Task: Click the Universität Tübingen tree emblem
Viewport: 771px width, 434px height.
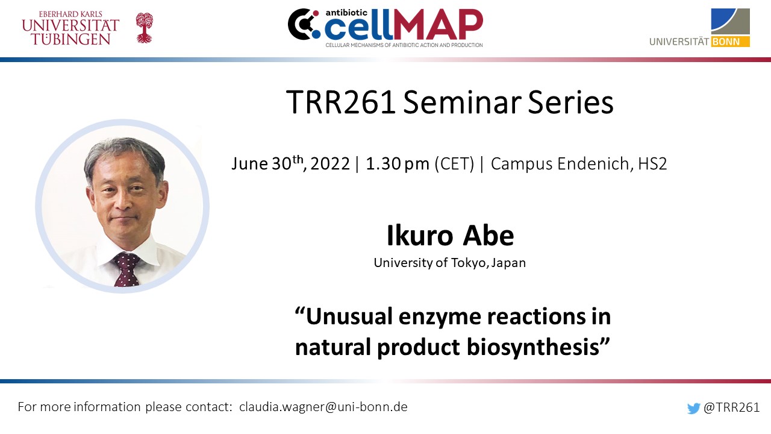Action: [144, 28]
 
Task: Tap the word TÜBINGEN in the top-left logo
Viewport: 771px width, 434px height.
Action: [71, 39]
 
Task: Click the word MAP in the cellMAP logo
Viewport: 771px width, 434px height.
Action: [438, 25]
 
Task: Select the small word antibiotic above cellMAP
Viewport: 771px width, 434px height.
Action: [342, 13]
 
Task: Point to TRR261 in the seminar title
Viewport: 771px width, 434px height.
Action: [341, 102]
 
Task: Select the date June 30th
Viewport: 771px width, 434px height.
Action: [267, 163]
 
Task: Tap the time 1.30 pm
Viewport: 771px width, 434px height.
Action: [398, 163]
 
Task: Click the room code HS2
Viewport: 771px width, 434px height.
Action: [652, 163]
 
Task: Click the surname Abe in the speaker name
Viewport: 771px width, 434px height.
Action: [488, 236]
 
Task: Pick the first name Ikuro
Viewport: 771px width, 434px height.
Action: [420, 236]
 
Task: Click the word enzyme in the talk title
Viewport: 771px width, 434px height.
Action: [440, 317]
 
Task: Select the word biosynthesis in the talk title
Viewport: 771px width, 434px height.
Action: [533, 347]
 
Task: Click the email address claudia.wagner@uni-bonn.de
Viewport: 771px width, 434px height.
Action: [323, 407]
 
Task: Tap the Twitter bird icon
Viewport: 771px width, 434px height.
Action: [693, 408]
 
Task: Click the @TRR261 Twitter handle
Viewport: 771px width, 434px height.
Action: [731, 407]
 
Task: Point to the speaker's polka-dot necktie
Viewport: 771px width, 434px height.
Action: [126, 269]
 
